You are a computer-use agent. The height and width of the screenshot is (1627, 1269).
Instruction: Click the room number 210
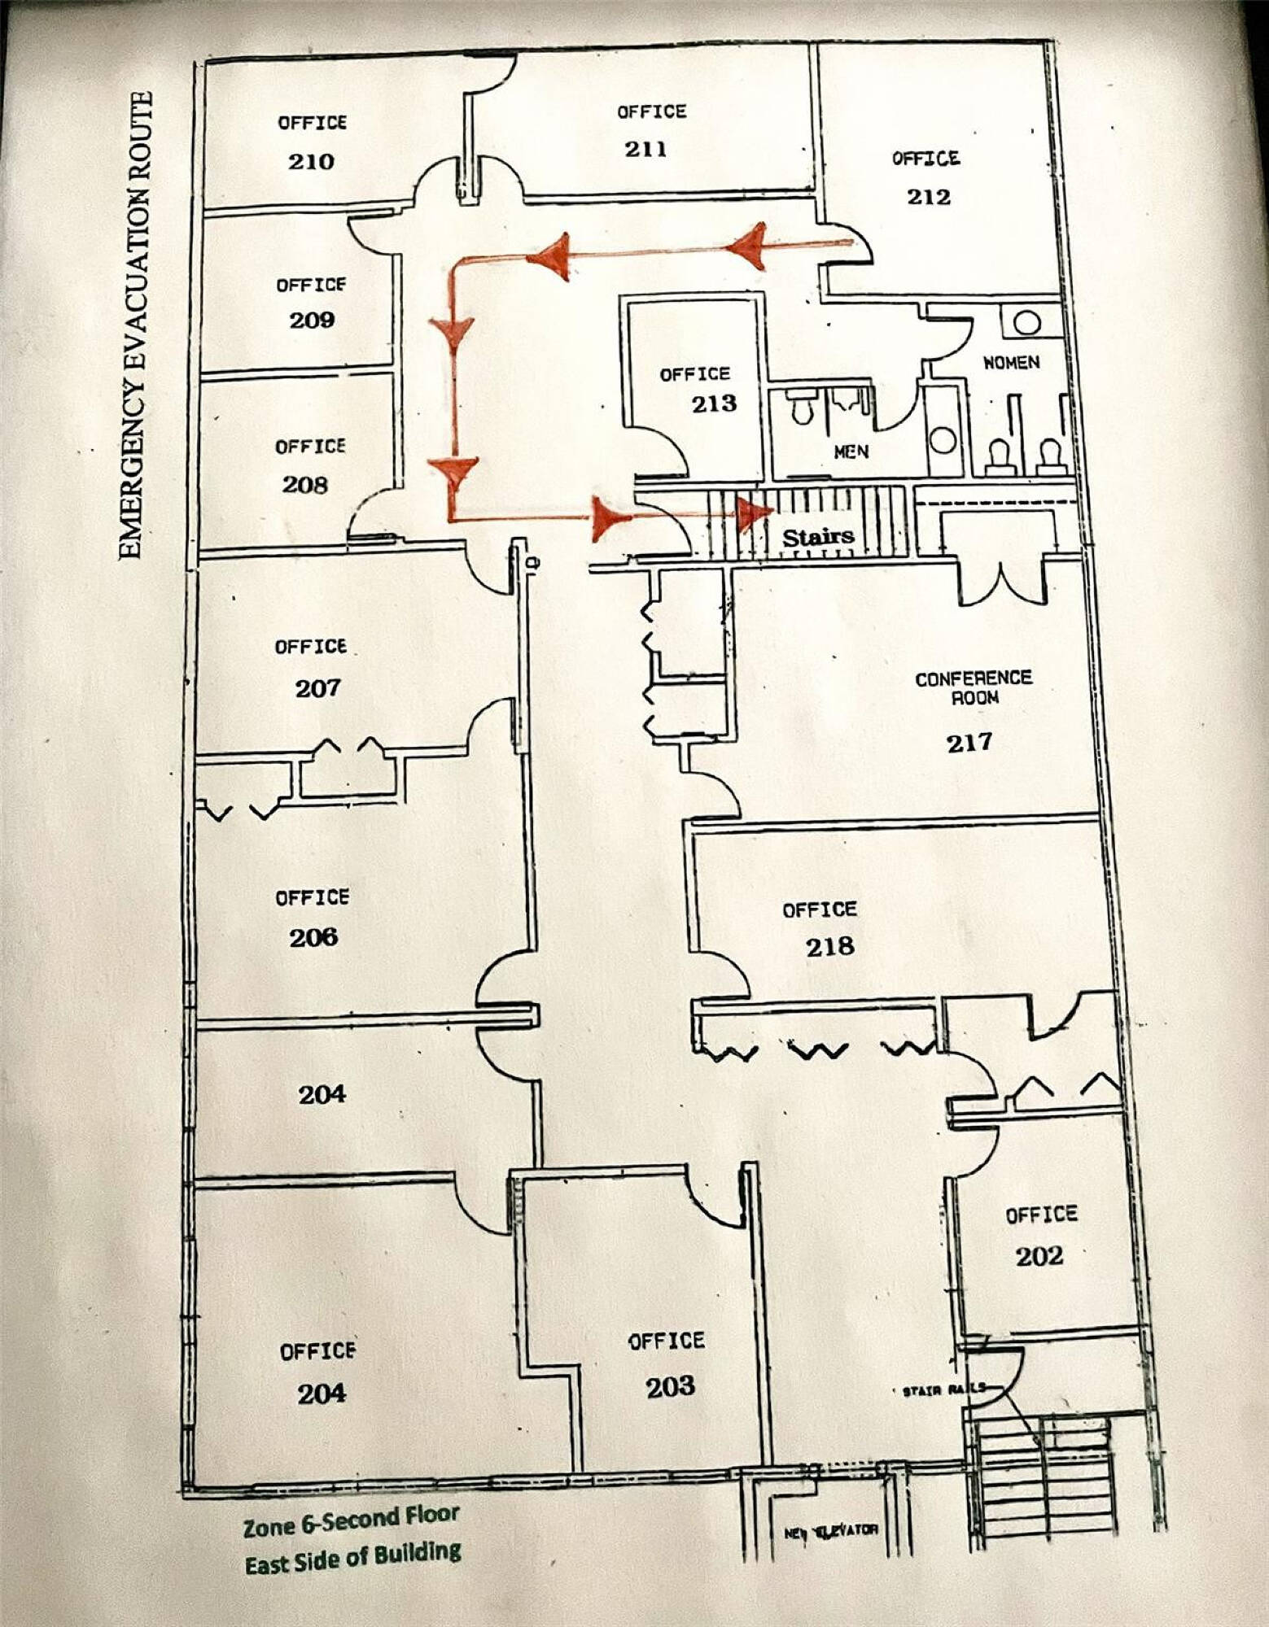point(311,161)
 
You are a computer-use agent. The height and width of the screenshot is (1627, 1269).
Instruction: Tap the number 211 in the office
point(645,149)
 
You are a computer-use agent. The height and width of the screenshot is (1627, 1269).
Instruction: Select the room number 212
point(929,197)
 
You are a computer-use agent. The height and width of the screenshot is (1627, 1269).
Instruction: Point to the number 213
point(714,403)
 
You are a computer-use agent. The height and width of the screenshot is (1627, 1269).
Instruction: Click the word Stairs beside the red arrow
point(818,537)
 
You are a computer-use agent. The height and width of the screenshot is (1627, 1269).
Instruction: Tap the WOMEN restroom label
point(1011,363)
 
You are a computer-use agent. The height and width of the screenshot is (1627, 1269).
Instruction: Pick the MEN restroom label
point(851,451)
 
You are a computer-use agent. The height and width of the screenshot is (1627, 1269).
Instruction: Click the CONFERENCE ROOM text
point(974,687)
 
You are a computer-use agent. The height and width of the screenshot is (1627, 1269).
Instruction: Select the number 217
point(969,742)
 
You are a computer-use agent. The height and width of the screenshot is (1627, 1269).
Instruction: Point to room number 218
point(829,946)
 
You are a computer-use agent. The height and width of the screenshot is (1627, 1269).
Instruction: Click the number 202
point(1039,1256)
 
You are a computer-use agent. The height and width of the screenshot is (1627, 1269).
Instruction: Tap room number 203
point(671,1387)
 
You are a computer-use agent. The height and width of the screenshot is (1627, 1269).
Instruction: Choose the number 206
point(313,937)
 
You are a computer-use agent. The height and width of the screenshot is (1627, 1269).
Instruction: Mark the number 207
point(317,688)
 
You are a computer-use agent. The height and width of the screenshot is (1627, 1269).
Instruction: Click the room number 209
point(312,320)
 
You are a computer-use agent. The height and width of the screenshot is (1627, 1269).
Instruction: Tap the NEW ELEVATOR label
point(831,1530)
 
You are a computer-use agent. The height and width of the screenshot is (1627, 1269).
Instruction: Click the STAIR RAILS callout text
point(944,1391)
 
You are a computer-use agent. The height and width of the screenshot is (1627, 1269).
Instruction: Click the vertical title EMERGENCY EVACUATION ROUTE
point(135,325)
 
